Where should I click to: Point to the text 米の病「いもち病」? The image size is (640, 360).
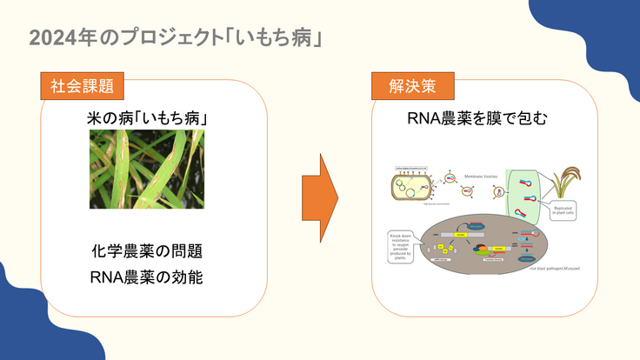pyautogui.click(x=146, y=117)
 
